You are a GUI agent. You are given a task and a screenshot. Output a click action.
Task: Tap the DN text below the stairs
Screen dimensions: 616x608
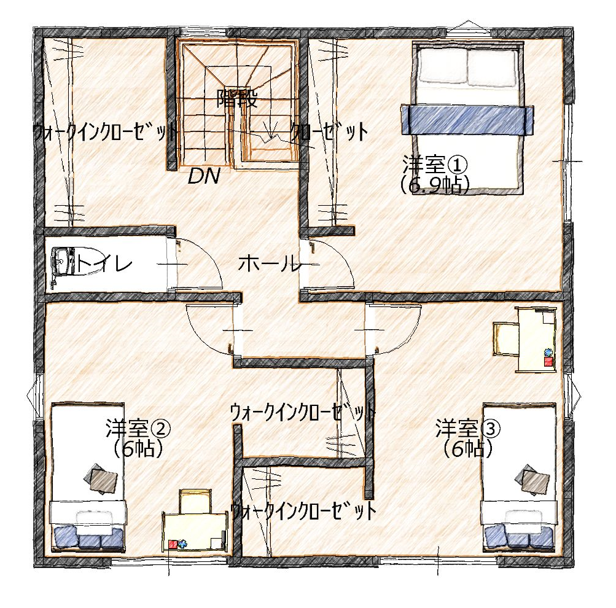tap(203, 176)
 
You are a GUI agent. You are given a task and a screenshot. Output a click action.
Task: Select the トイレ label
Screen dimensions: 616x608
tap(104, 263)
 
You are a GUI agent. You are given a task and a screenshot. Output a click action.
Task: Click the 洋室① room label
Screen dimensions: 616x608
tap(434, 165)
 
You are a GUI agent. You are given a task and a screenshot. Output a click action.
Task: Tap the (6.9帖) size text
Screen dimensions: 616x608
tap(434, 184)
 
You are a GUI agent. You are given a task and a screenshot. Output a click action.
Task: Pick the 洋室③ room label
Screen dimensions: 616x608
tap(467, 428)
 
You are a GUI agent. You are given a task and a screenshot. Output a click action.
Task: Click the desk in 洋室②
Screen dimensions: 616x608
tap(195, 532)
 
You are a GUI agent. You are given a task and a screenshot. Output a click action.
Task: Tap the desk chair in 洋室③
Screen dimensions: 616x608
tap(505, 338)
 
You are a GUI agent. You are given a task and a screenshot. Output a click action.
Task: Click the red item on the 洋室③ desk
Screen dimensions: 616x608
tap(548, 361)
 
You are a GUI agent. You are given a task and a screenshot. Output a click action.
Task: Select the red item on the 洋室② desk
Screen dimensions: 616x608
tap(173, 544)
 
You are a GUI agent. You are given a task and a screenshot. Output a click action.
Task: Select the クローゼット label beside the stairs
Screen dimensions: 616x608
tap(329, 133)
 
